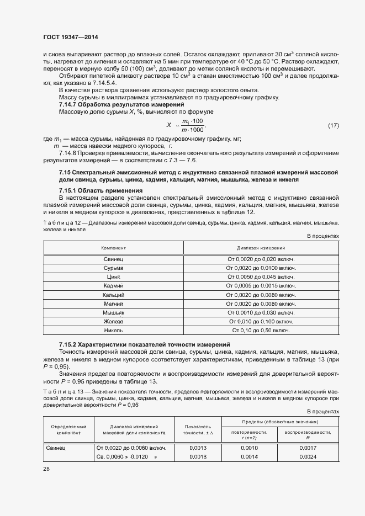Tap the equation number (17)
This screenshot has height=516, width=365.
[x=333, y=126]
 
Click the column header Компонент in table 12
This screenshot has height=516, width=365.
[x=113, y=248]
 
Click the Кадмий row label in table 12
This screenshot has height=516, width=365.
[x=113, y=286]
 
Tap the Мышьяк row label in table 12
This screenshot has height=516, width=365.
[x=113, y=312]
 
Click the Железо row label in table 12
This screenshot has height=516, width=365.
[x=113, y=321]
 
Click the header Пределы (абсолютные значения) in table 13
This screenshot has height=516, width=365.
[x=278, y=422]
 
